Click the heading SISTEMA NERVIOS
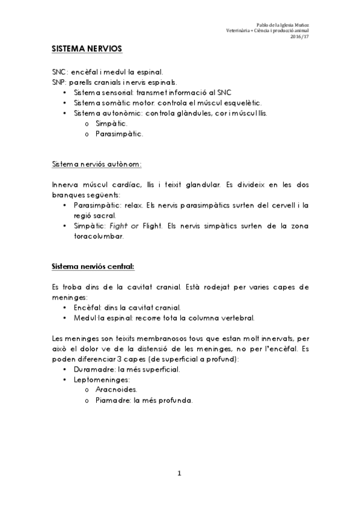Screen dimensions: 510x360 coord(87,48)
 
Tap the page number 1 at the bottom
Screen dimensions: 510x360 coord(179,474)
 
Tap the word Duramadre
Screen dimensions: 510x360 coord(93,369)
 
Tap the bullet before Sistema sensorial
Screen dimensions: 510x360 coord(65,93)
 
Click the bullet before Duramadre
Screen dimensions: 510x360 coord(65,369)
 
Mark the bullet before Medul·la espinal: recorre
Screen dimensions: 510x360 coord(65,318)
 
